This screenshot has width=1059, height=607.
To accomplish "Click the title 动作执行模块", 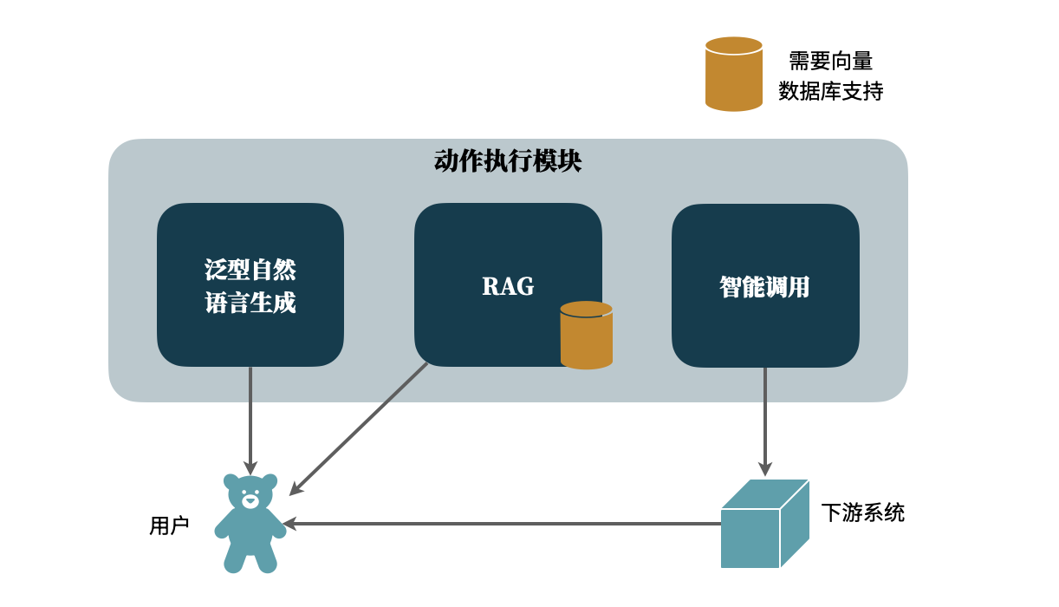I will pos(507,162).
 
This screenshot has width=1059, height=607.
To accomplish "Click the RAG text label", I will pos(508,286).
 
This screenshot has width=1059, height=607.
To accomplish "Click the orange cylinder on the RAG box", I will pos(587,336).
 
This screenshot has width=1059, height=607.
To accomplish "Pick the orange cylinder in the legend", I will pos(734,75).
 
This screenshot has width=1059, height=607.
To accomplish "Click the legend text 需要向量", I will pos(830,61).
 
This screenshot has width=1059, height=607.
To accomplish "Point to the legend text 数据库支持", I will pos(830,91).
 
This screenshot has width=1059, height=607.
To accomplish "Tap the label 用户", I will pos(169,525).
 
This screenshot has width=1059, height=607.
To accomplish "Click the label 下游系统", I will pos(862,512).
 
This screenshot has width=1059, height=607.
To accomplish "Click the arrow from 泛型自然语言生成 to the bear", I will pos(250,421).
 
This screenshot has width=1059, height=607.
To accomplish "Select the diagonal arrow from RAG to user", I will pos(360,428).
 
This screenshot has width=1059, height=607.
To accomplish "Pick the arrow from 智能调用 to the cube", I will pos(765,421).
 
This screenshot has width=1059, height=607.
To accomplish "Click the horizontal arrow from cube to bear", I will pos(503,524).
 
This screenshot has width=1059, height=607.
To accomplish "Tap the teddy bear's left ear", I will pos(231,481).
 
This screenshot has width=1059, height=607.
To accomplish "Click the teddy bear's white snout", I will pos(250,500).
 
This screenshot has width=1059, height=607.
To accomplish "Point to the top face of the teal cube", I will pos(765,494).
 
